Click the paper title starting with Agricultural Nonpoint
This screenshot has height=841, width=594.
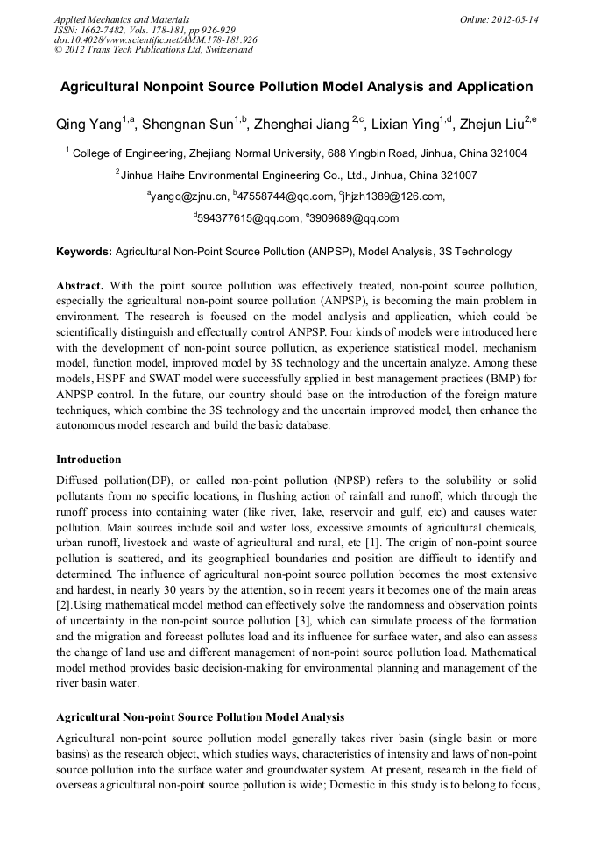(296, 87)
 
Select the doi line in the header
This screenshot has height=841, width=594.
(155, 40)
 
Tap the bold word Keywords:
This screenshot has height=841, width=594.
(84, 252)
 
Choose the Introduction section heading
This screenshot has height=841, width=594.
(88, 459)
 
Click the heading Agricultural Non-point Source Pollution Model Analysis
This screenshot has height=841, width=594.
(200, 716)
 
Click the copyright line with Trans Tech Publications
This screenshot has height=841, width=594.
(153, 50)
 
